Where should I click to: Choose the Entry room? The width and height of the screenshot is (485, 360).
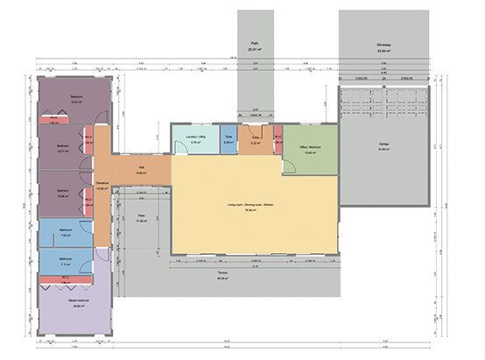coord(256,140)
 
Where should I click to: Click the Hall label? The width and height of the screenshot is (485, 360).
coord(141,169)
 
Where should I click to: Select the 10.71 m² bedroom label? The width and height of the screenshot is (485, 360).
coord(63,146)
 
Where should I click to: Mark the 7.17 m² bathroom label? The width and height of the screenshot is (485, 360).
coord(66,259)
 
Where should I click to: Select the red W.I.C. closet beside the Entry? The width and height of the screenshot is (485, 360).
coord(278,138)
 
